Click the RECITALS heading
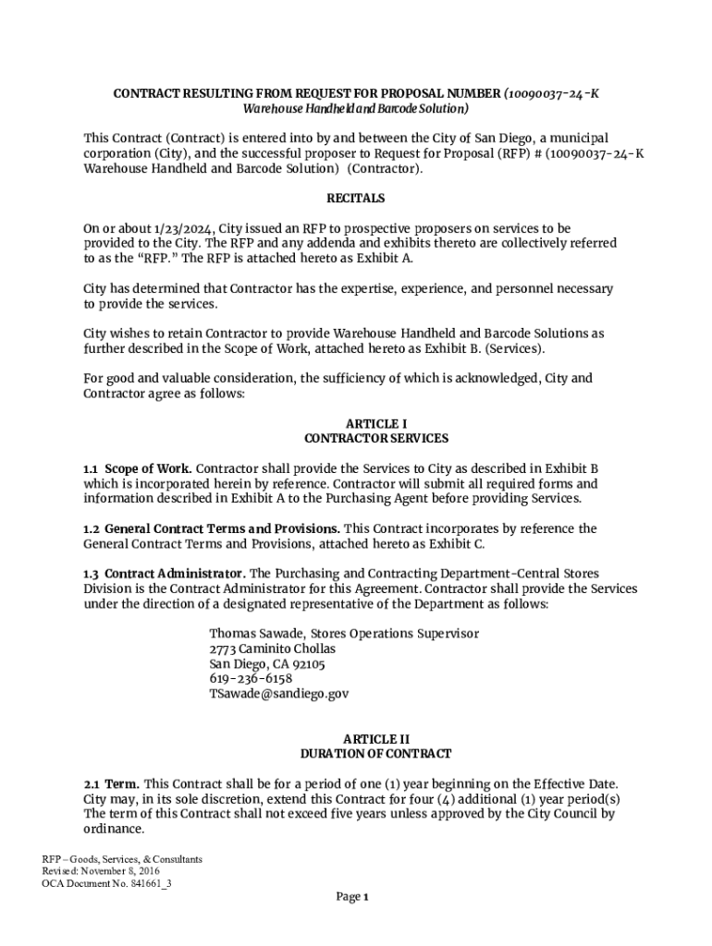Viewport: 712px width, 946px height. coord(355,199)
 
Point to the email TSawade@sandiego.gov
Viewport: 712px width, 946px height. coord(279,693)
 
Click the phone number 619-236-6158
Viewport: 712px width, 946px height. coord(251,678)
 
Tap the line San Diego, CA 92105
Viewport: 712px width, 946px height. coord(267,663)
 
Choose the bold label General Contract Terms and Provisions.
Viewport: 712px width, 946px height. coord(222,528)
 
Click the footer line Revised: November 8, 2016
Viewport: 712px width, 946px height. coord(102,871)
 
